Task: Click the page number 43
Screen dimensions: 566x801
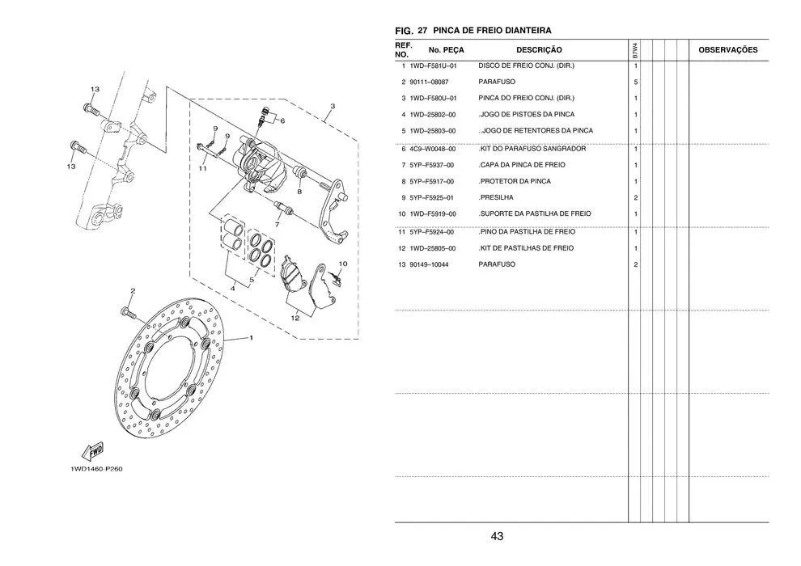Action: coord(497,536)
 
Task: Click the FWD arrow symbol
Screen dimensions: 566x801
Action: coord(91,450)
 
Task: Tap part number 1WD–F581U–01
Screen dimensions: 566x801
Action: coord(433,65)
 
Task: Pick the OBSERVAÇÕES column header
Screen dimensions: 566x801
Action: coord(727,50)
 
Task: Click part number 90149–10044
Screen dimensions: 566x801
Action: coord(429,264)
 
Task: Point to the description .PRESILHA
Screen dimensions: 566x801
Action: coord(496,197)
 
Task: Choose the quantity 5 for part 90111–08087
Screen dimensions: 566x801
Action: coord(636,82)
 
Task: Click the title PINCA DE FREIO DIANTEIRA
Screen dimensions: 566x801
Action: coord(492,30)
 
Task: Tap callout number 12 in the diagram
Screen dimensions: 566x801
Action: coord(295,318)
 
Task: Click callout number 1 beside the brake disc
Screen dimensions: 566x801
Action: coord(251,338)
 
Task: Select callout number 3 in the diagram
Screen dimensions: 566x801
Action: coord(332,106)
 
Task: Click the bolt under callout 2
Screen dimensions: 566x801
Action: coord(128,310)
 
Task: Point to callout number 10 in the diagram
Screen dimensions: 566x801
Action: coord(342,264)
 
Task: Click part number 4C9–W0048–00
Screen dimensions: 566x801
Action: coord(433,149)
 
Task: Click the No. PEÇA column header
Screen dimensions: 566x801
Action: coord(440,50)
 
